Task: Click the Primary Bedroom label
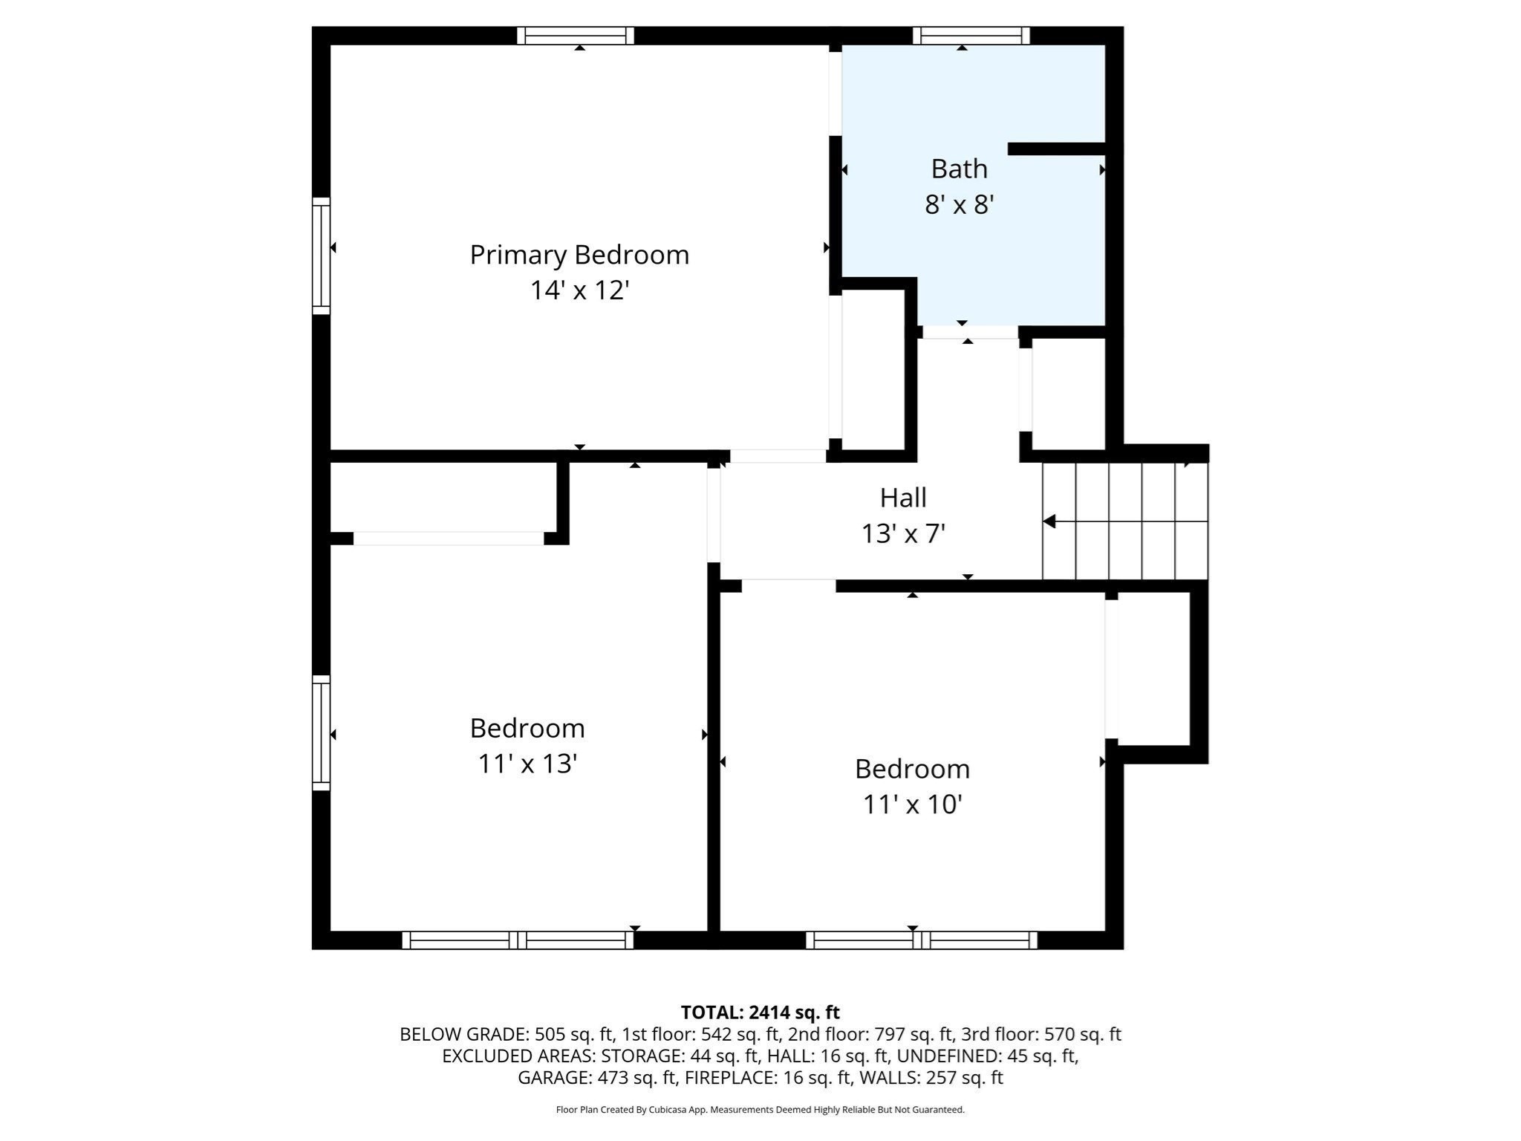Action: point(579,255)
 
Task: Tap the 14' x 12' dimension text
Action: point(579,290)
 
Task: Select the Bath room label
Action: point(959,169)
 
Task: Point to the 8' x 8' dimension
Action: point(959,204)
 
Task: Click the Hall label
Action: point(903,498)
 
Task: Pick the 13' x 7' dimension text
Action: point(903,533)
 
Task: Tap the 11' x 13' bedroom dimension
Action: point(527,764)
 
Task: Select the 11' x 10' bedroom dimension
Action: point(912,804)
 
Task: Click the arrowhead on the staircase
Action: point(1049,521)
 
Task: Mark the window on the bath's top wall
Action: point(971,36)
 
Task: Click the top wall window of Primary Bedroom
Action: point(576,36)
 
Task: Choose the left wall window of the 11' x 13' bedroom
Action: point(321,732)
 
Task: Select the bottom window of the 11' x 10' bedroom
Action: point(921,940)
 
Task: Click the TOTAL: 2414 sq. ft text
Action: point(760,1012)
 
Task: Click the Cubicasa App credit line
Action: point(760,1110)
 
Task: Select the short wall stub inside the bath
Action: point(1056,149)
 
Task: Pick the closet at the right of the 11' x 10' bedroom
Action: point(1153,669)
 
